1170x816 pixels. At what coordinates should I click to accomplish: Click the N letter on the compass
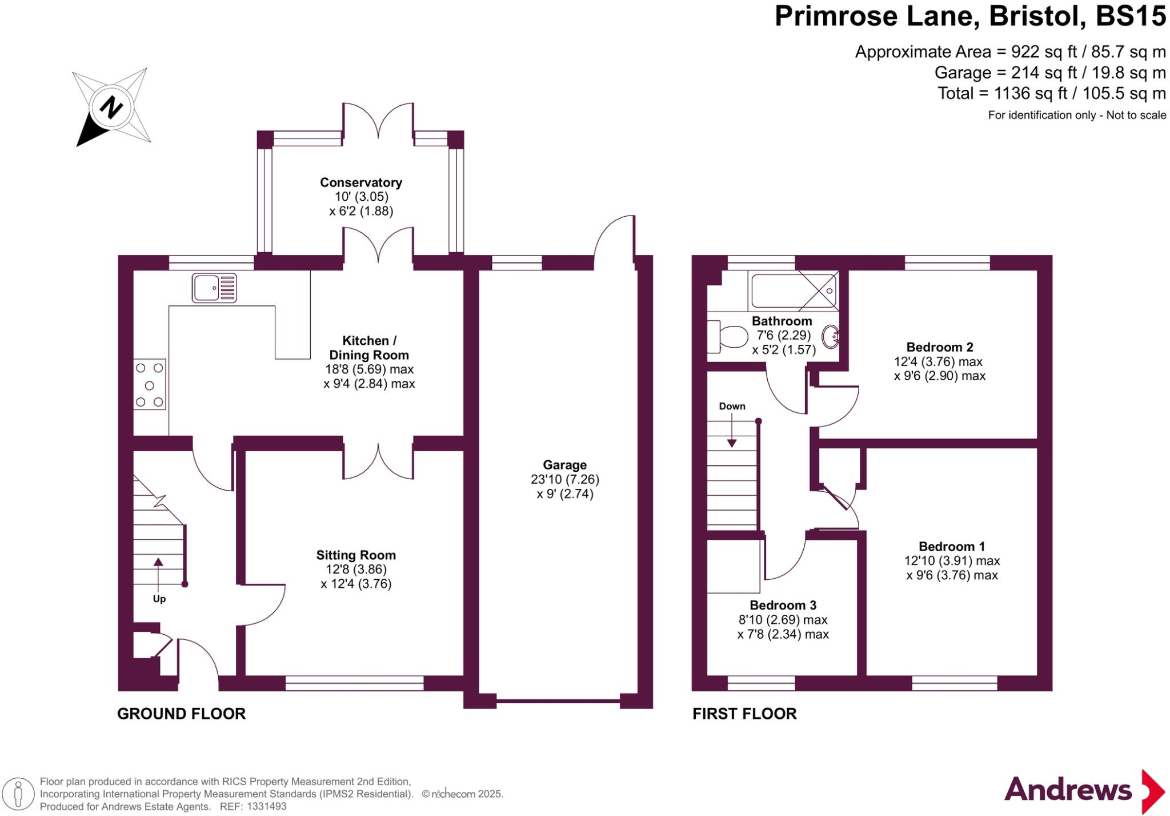click(x=111, y=107)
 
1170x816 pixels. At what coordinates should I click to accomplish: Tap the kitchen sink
click(x=214, y=288)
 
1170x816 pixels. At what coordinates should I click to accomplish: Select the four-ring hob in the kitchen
click(x=150, y=384)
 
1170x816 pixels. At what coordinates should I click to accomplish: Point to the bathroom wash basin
click(x=831, y=337)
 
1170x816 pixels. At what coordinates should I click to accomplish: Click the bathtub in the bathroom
click(x=794, y=291)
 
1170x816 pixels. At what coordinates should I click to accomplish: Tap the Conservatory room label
click(x=361, y=182)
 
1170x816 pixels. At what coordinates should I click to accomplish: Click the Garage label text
click(x=564, y=465)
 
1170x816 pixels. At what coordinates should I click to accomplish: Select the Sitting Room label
click(x=356, y=555)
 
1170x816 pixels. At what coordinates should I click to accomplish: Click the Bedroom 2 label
click(x=940, y=347)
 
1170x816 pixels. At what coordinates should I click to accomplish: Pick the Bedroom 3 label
click(x=783, y=605)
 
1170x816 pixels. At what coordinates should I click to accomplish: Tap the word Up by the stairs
click(x=159, y=599)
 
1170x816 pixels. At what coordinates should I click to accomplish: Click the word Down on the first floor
click(x=732, y=406)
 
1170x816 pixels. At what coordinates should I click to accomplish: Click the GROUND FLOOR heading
click(x=181, y=714)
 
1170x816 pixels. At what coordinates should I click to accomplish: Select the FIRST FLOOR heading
click(x=744, y=714)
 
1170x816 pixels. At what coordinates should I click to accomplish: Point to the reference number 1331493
click(x=267, y=807)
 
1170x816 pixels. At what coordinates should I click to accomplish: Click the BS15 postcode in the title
click(x=1131, y=16)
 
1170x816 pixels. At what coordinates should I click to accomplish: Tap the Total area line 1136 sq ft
click(x=1051, y=93)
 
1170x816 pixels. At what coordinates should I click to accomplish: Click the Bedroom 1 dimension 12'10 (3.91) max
click(x=952, y=561)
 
